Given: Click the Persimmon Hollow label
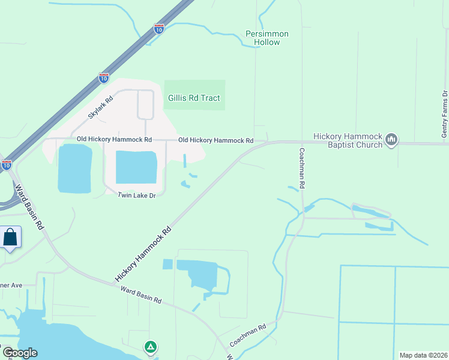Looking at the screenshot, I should (267, 38).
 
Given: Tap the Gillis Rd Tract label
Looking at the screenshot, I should (194, 98).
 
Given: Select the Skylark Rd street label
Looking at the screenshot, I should (100, 107).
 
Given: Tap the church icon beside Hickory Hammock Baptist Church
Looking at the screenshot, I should (391, 140).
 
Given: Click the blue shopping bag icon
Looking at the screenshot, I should (10, 237).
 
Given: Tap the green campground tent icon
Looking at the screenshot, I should (151, 347).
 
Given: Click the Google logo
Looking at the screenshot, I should (19, 353).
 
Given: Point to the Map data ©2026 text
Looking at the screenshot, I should (424, 355).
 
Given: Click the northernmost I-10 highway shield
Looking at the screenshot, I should (158, 28).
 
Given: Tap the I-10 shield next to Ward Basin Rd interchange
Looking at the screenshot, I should (6, 164).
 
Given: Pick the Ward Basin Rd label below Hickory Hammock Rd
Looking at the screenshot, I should (141, 295).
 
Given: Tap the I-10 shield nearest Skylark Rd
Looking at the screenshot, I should (104, 78).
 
